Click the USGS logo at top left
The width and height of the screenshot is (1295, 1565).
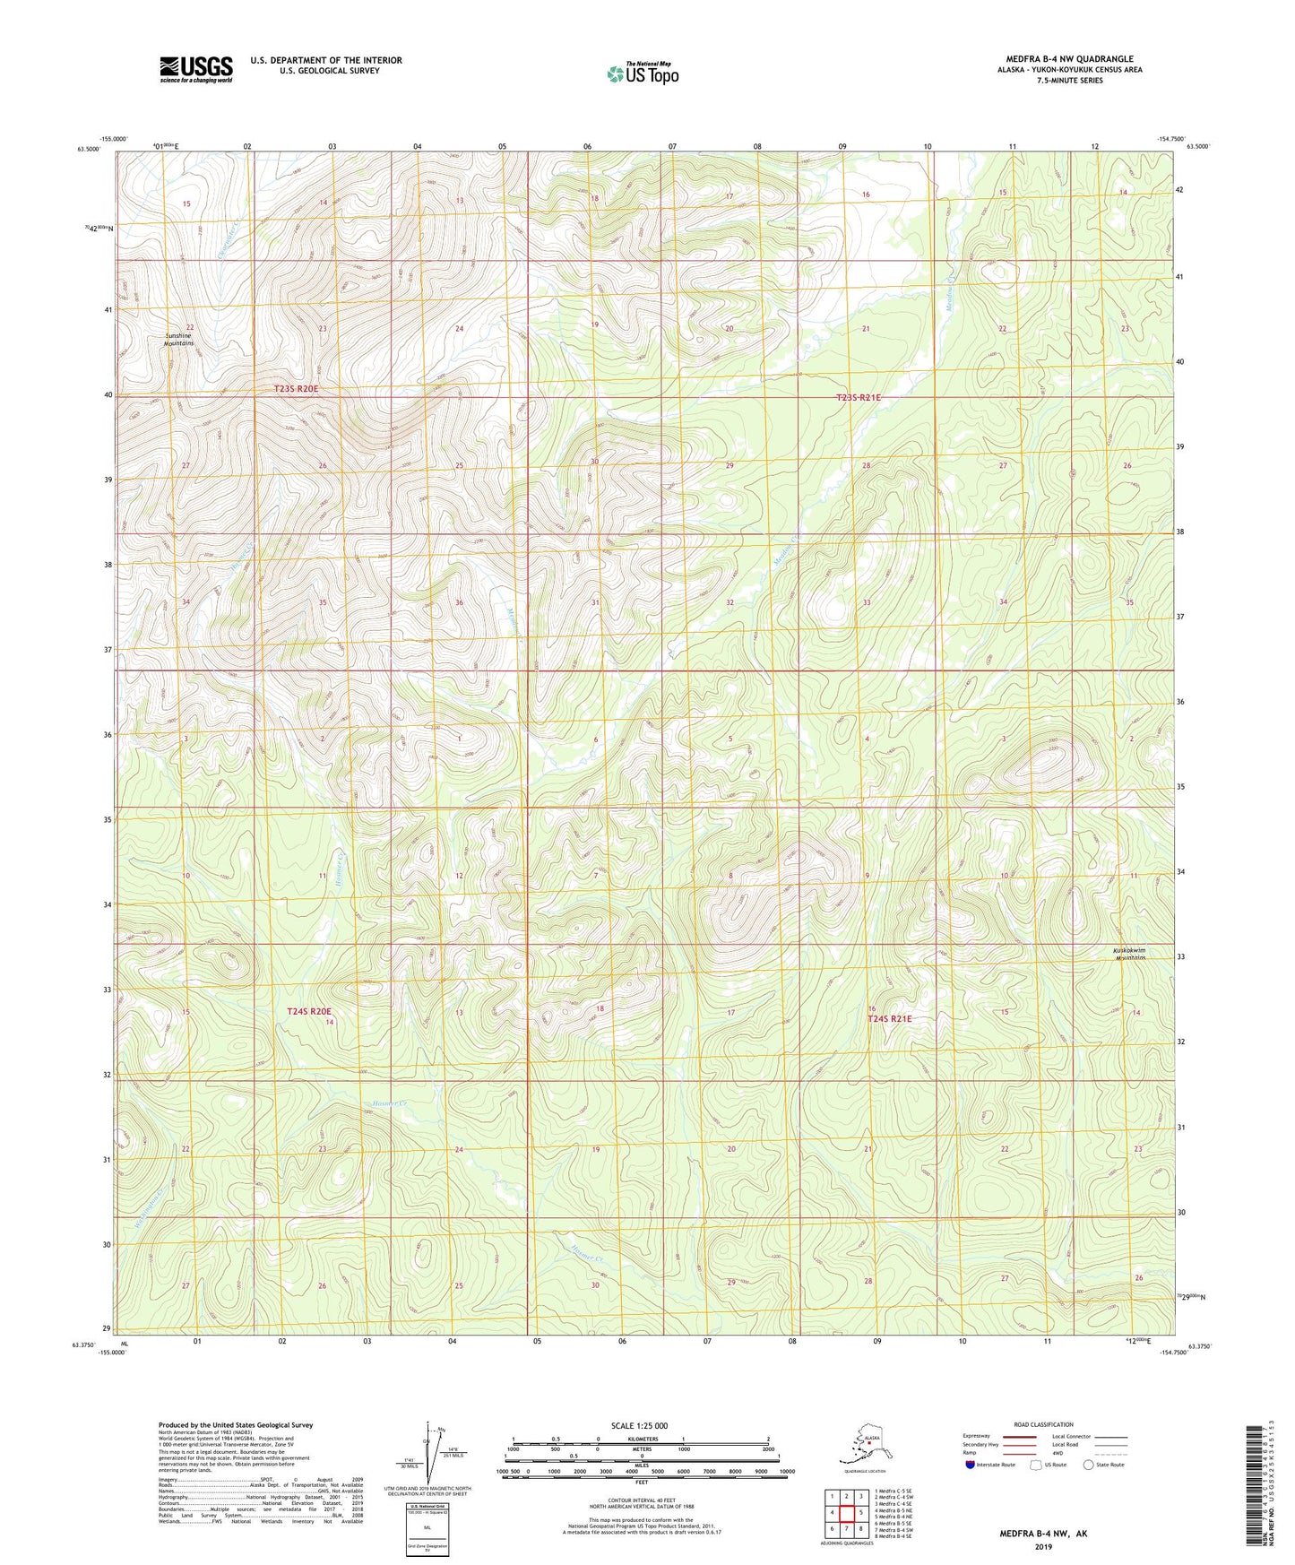click(x=195, y=69)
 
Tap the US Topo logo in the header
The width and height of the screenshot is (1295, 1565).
click(x=642, y=73)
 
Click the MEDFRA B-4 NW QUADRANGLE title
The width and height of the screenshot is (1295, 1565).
click(x=1057, y=59)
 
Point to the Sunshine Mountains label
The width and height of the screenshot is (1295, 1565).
click(x=179, y=340)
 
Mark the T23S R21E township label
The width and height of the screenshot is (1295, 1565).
click(x=859, y=397)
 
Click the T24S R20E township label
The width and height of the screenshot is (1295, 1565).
click(x=308, y=1011)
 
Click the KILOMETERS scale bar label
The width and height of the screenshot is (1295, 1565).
click(x=640, y=1439)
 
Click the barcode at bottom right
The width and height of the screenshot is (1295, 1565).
click(x=1255, y=1497)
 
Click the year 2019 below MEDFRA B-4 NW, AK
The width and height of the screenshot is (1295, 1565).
click(x=1043, y=1546)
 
